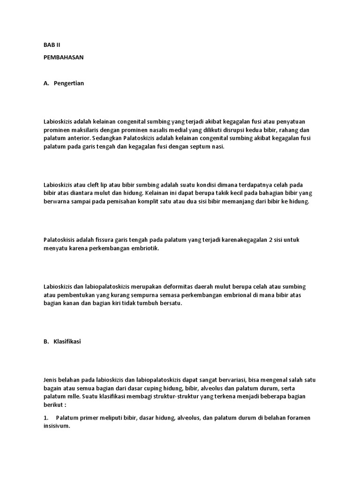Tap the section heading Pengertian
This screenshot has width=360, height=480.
click(69, 83)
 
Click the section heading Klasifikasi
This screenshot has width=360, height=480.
click(67, 342)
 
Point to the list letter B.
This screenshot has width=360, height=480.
click(45, 342)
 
